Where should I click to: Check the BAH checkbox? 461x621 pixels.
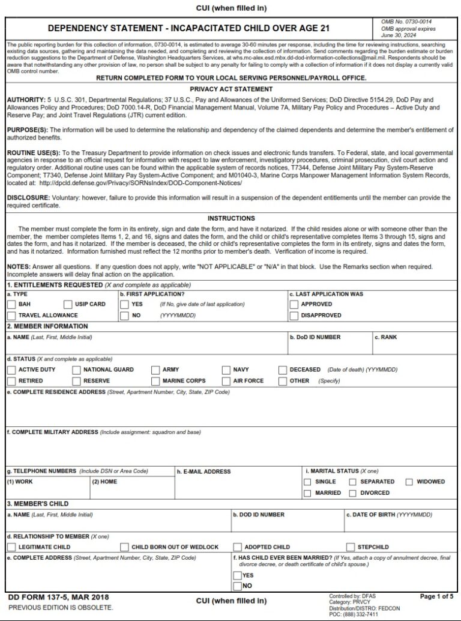pos(11,304)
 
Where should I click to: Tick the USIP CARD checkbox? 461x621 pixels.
pos(68,304)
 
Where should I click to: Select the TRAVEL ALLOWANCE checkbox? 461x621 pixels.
pos(11,316)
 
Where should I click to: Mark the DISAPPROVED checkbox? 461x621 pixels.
pos(294,316)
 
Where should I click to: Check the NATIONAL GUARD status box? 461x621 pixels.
pos(76,370)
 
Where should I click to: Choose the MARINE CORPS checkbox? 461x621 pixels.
pos(155,381)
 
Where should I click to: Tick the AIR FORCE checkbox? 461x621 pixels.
pos(226,381)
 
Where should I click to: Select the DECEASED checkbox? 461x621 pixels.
pos(283,370)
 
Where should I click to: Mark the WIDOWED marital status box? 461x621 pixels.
pos(409,482)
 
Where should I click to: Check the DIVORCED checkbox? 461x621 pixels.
pos(353,493)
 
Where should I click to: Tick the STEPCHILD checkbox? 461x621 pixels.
pos(350,547)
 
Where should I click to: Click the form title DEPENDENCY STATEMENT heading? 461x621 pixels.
pos(188,28)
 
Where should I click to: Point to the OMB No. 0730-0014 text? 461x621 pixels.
pos(406,22)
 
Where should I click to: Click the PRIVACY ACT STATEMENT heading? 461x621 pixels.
pos(231,89)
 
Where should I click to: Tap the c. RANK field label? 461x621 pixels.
pos(386,337)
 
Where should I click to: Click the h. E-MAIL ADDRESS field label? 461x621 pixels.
pos(204,471)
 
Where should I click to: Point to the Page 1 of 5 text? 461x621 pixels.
pos(436,596)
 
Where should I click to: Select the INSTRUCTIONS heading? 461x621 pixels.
pos(231,218)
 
